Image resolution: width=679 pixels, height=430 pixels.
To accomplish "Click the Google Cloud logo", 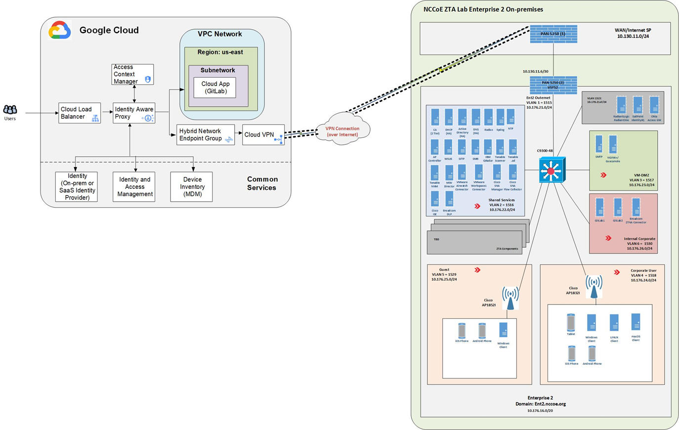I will click(60, 30).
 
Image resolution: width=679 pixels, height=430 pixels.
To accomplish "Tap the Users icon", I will click(10, 110).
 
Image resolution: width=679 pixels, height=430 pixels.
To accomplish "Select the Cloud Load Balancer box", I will click(79, 113).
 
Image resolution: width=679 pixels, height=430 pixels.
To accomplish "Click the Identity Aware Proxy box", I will click(134, 113).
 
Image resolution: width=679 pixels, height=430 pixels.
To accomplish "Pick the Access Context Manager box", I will click(132, 74).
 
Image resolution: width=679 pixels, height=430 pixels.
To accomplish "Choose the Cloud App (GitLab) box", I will click(215, 87).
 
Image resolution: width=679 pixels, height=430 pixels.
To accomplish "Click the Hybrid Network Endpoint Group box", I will click(206, 135).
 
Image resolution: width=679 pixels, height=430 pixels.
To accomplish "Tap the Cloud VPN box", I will click(263, 134).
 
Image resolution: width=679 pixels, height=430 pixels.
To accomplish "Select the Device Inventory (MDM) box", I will click(192, 187).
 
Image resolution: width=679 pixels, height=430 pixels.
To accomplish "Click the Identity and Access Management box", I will click(134, 187).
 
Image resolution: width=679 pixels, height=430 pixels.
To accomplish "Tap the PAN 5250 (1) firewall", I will click(553, 34).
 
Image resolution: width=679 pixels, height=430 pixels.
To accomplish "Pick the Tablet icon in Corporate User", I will click(571, 323).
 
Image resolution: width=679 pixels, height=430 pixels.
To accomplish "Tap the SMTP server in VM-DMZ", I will click(599, 144).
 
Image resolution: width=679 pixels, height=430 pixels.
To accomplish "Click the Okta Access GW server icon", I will click(654, 106).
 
